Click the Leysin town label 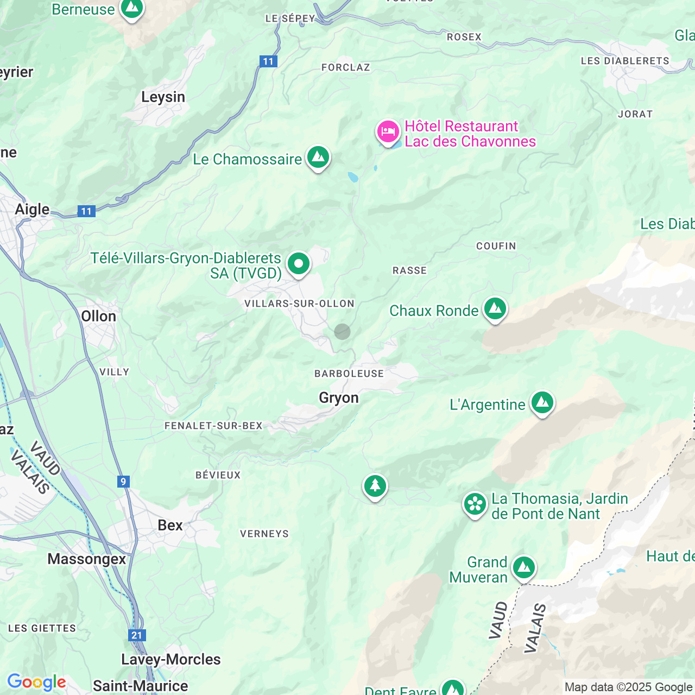[x=163, y=97]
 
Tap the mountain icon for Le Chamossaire [x=318, y=157]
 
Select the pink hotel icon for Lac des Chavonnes [x=388, y=132]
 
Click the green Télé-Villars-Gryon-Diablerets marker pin [x=298, y=264]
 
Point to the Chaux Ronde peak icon [x=495, y=309]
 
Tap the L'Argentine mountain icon [x=542, y=403]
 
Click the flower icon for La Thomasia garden [x=475, y=504]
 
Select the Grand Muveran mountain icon [x=523, y=568]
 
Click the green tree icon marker [x=375, y=486]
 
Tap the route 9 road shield [x=124, y=482]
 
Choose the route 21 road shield [x=136, y=635]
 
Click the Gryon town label [x=339, y=398]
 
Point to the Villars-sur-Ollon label [x=299, y=304]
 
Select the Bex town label [x=170, y=526]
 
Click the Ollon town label [x=98, y=317]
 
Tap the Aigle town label [x=32, y=210]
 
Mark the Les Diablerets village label [x=625, y=61]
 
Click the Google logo [x=36, y=682]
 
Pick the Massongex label [x=87, y=559]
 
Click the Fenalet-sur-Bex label [x=213, y=426]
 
